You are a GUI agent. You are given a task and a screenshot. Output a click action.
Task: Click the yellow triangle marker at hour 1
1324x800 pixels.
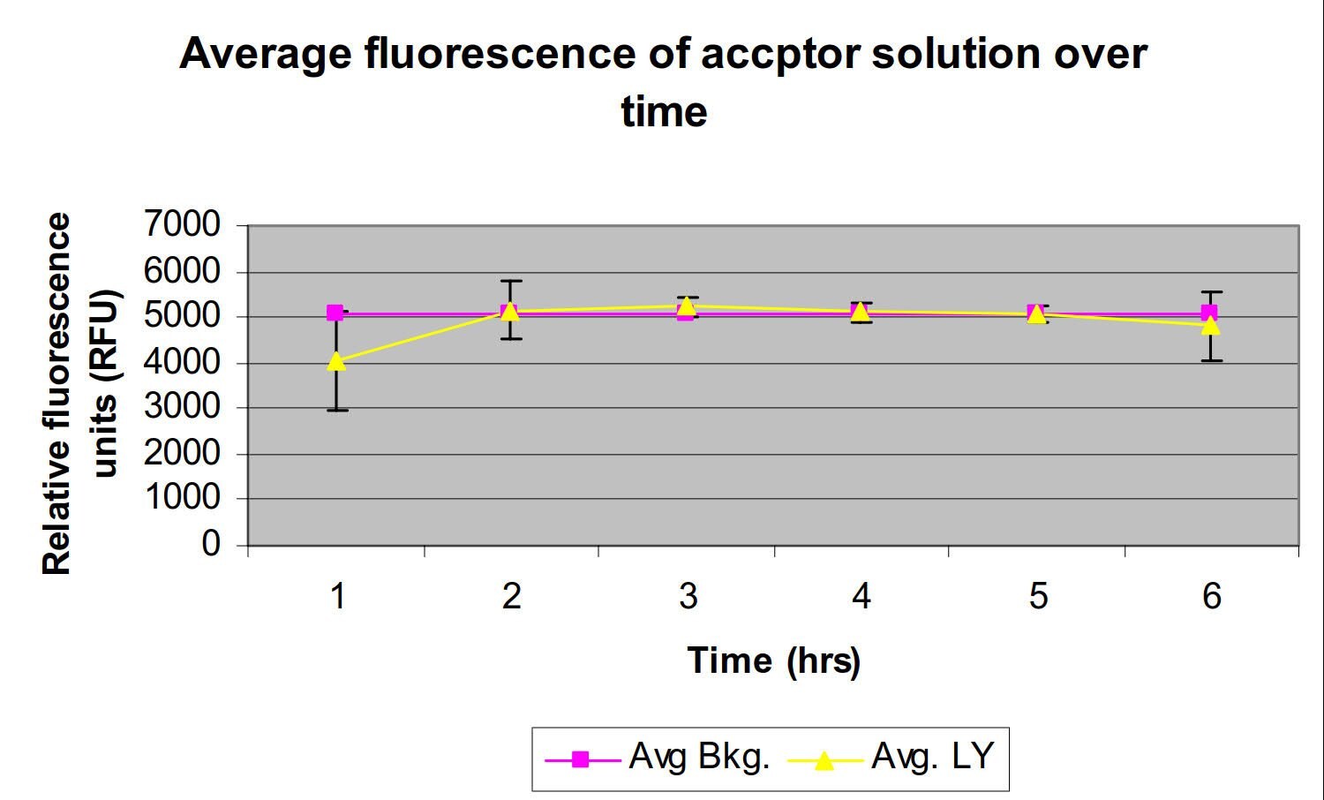(335, 360)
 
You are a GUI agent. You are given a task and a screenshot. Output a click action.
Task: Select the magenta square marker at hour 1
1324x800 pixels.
(335, 313)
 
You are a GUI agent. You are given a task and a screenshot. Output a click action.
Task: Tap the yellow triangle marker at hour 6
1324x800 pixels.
(1211, 325)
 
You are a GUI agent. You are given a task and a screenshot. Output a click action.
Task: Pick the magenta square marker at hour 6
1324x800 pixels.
(1209, 313)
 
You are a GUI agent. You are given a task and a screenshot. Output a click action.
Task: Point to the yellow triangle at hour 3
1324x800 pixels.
(686, 306)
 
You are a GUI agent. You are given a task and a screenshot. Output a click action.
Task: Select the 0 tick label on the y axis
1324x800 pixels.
(211, 543)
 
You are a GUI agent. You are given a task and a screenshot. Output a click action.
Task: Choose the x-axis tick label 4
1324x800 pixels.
(861, 597)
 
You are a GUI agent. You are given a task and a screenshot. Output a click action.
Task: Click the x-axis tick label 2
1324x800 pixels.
(512, 597)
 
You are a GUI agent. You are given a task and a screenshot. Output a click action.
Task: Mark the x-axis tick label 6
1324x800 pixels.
(1211, 597)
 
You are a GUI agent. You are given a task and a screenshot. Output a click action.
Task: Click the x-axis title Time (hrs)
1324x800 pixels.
(773, 660)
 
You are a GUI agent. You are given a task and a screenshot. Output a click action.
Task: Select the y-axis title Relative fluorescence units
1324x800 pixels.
(79, 394)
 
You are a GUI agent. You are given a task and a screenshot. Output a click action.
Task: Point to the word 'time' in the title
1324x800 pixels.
(664, 112)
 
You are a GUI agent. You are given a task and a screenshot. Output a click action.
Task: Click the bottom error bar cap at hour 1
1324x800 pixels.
(336, 410)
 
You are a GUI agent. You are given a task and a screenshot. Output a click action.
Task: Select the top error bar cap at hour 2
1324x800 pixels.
(511, 281)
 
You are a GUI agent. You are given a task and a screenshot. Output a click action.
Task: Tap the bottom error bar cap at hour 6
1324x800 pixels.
(1211, 360)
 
